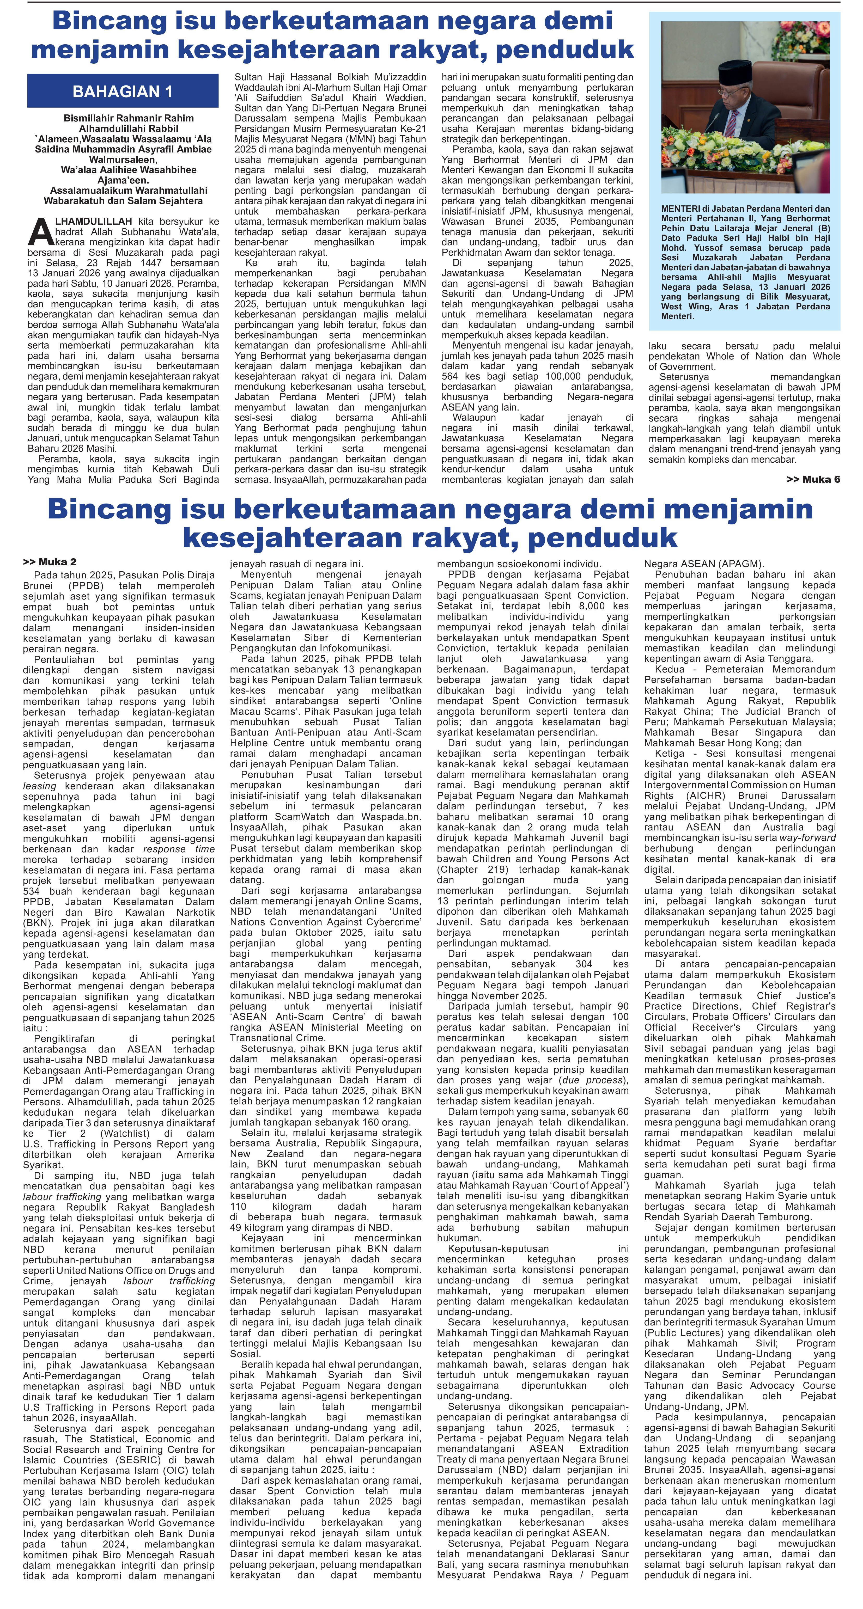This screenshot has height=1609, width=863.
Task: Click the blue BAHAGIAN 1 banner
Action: click(123, 91)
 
